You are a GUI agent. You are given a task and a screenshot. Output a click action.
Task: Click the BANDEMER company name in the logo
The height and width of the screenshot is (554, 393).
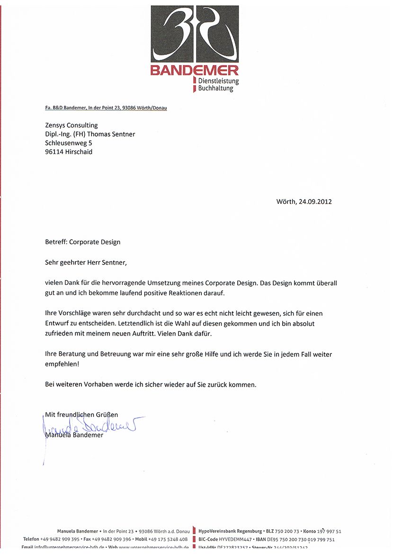pyautogui.click(x=195, y=71)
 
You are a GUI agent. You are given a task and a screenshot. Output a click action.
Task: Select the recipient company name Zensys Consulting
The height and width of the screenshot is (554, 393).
pyautogui.click(x=71, y=126)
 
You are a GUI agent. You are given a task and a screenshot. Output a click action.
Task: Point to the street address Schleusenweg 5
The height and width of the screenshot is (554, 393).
pyautogui.click(x=69, y=143)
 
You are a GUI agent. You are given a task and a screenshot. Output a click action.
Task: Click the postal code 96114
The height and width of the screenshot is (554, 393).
pyautogui.click(x=54, y=152)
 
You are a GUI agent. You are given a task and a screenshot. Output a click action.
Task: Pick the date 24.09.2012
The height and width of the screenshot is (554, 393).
pyautogui.click(x=315, y=201)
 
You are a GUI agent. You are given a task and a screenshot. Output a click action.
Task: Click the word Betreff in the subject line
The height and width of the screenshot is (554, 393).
pyautogui.click(x=55, y=242)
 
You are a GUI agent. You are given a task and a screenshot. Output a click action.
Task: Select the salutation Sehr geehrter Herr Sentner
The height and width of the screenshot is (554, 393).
pyautogui.click(x=86, y=262)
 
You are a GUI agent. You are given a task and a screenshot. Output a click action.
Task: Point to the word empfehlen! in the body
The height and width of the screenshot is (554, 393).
pyautogui.click(x=63, y=364)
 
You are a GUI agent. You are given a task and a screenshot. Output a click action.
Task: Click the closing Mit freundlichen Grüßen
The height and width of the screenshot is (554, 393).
pyautogui.click(x=81, y=415)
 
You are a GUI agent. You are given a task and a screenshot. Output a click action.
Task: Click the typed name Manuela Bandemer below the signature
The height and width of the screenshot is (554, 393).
pyautogui.click(x=74, y=435)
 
